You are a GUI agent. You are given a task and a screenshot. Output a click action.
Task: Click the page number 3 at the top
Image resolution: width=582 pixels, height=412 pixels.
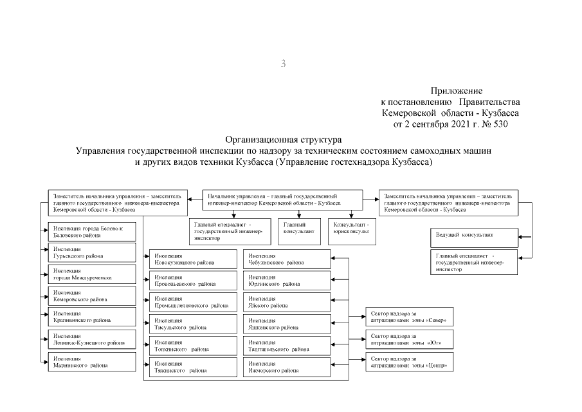(283, 63)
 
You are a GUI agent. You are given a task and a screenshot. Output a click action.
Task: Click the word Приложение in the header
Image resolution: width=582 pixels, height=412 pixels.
(456, 91)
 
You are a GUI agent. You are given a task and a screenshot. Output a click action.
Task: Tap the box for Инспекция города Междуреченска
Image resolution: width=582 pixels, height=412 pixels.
(91, 274)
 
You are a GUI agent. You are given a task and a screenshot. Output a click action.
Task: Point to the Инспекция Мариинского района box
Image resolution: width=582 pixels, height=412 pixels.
(91, 361)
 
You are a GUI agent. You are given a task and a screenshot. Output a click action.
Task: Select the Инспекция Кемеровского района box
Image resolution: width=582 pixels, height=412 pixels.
(91, 295)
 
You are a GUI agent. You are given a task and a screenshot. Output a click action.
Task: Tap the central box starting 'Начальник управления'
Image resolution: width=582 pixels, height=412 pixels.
(282, 199)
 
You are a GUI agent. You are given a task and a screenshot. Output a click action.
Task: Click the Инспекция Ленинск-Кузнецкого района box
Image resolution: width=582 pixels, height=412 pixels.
(91, 339)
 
